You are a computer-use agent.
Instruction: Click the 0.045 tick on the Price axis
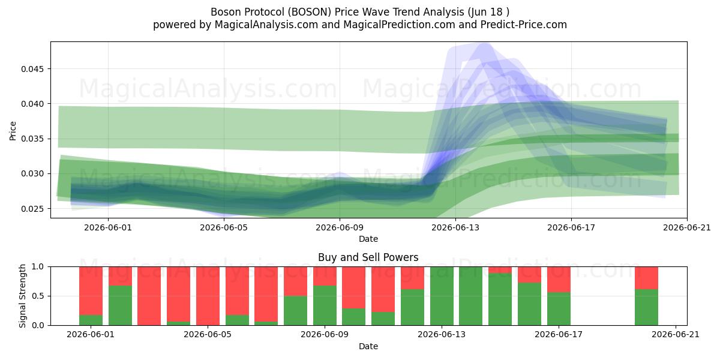click(x=32, y=69)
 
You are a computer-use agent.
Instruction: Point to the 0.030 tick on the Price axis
click(x=32, y=174)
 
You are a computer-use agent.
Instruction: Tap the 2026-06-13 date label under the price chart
click(x=455, y=227)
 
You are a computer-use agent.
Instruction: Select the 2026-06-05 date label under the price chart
click(x=224, y=227)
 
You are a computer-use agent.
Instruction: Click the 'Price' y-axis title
click(x=13, y=131)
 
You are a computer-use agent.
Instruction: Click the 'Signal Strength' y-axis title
click(x=22, y=296)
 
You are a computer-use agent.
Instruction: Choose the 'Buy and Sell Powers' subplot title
click(x=368, y=257)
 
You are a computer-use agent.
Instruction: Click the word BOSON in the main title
click(x=309, y=12)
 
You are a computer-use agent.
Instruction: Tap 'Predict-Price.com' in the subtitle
click(x=524, y=25)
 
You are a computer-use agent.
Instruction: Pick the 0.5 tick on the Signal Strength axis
click(x=38, y=296)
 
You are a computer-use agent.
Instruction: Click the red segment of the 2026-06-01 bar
click(x=91, y=291)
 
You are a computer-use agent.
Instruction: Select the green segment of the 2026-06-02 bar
click(x=120, y=305)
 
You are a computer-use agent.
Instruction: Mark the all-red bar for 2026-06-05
click(x=208, y=296)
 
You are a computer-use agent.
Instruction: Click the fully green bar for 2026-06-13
click(x=442, y=296)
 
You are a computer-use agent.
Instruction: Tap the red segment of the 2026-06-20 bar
click(x=646, y=278)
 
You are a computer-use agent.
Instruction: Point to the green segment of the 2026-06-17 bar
click(x=559, y=308)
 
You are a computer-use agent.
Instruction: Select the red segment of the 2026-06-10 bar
click(x=353, y=287)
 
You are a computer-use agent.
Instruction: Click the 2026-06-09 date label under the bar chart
click(x=325, y=335)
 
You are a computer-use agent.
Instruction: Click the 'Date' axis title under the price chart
click(x=368, y=239)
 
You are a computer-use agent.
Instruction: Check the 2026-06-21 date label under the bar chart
click(x=676, y=335)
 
